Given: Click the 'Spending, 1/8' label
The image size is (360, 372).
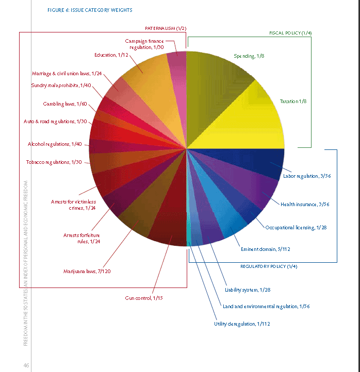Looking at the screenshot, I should tap(247, 55).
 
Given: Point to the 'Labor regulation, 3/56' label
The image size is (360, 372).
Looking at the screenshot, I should tap(306, 176).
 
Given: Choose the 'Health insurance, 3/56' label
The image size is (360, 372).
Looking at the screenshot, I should tap(305, 204).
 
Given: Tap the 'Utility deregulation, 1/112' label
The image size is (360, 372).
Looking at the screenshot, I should tap(242, 324).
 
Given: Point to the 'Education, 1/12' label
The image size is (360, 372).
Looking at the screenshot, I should tap(112, 55).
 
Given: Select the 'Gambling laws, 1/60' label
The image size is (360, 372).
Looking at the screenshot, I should tap(65, 104).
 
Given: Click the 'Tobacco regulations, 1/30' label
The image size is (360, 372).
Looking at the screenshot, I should tap(54, 162).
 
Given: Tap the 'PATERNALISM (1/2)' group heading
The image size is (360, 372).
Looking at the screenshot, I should tap(165, 27).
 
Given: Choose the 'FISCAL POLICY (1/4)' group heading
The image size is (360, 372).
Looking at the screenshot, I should tap(290, 33).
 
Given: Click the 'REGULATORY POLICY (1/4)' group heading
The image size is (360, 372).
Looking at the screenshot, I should tap(269, 266).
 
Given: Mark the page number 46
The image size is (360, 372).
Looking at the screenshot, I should tap(26, 365).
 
